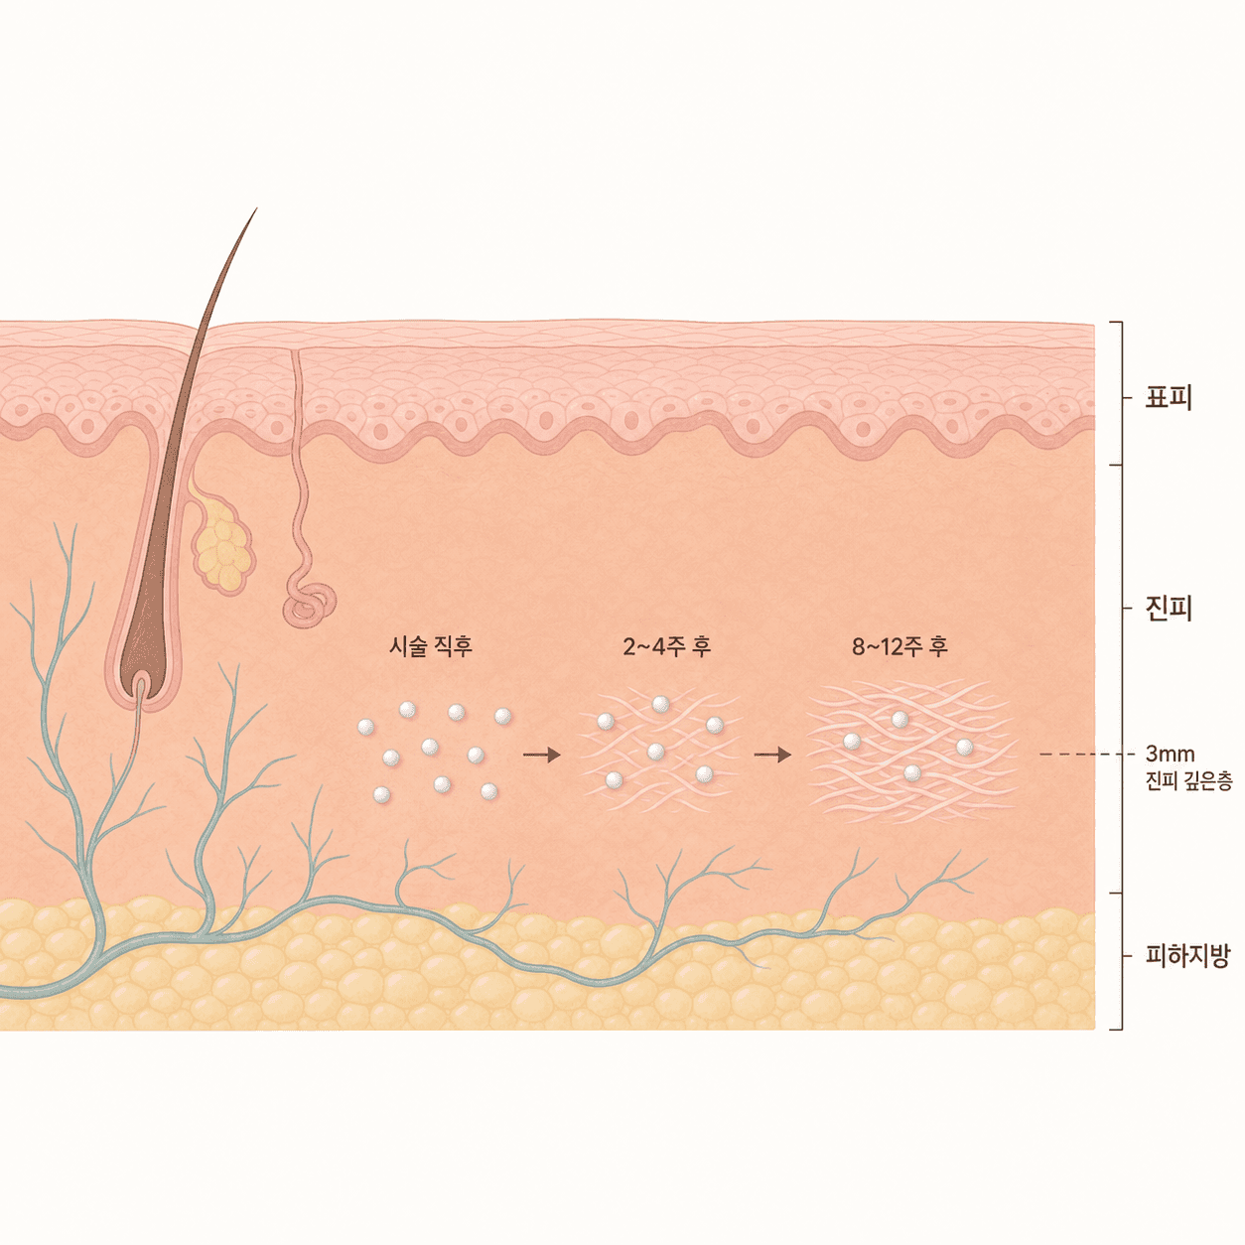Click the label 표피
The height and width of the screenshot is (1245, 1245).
click(x=1169, y=397)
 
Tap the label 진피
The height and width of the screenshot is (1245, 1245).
click(x=1169, y=608)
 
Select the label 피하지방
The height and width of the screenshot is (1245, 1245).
click(x=1187, y=955)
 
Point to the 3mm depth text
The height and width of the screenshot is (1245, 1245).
click(x=1171, y=754)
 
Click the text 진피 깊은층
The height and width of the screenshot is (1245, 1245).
click(x=1188, y=781)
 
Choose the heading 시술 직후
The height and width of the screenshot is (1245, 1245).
click(x=431, y=645)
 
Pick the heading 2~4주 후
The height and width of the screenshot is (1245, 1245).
click(x=667, y=646)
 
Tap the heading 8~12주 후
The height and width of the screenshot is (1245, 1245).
click(x=899, y=646)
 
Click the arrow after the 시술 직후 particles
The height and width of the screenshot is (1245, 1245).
click(x=541, y=754)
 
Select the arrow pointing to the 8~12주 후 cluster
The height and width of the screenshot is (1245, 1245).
click(x=772, y=754)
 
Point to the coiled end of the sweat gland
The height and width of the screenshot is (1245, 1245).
click(x=310, y=606)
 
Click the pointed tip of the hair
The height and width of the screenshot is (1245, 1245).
click(x=256, y=208)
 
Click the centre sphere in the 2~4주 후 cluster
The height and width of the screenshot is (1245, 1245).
click(x=656, y=751)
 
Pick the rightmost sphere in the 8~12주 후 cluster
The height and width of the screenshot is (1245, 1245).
click(x=965, y=748)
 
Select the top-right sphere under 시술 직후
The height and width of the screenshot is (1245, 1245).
click(x=502, y=716)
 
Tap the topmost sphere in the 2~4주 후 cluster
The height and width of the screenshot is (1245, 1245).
click(x=660, y=704)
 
